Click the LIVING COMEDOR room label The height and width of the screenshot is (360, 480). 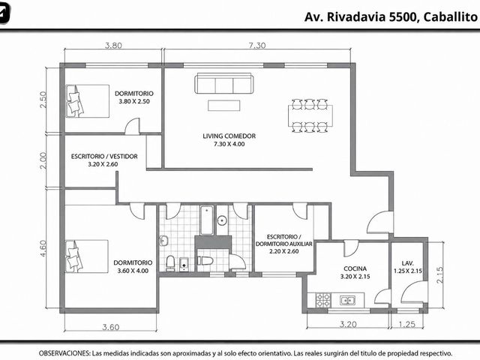(x=229, y=136)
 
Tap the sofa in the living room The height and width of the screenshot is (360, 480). (x=224, y=83)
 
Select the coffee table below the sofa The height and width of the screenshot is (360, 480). (x=223, y=105)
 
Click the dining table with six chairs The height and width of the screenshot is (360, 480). (x=310, y=115)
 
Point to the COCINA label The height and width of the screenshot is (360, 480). (x=355, y=268)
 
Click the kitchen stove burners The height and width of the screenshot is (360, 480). (x=323, y=300)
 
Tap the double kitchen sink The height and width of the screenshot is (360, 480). (x=347, y=300)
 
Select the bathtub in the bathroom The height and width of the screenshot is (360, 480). (x=207, y=220)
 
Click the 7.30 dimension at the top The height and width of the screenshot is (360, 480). (x=257, y=45)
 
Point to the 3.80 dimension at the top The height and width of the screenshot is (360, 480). (x=113, y=45)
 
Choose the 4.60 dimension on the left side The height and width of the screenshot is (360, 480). (x=43, y=248)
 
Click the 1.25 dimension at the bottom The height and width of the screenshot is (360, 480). (x=407, y=324)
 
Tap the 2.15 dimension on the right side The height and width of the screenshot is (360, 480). (x=439, y=275)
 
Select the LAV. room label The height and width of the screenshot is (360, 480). (x=408, y=263)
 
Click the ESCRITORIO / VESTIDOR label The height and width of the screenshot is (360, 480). (x=104, y=156)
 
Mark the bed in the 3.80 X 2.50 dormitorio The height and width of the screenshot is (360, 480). (x=88, y=101)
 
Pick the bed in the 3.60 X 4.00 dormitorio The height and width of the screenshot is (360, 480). (x=87, y=256)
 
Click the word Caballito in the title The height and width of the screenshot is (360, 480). (x=450, y=16)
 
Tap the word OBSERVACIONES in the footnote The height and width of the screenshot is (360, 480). (x=64, y=353)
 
